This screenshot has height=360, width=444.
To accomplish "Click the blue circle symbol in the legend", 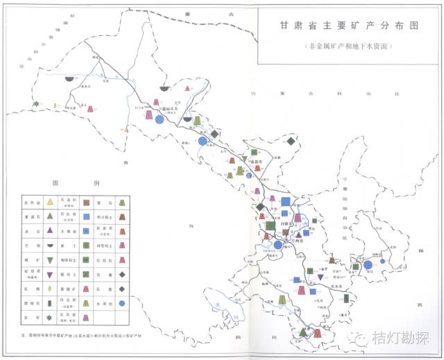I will (121, 303).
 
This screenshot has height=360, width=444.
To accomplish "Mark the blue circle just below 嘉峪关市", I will (159, 119).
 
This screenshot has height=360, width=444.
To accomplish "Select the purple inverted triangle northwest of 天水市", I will (321, 277).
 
